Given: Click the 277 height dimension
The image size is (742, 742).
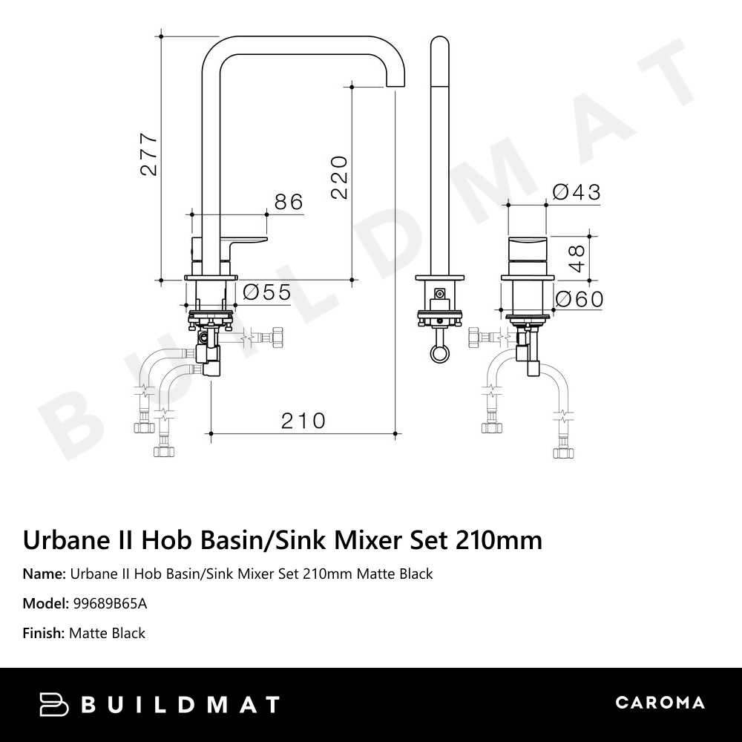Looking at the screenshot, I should pyautogui.click(x=149, y=154).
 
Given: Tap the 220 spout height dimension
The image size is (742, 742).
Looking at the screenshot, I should pyautogui.click(x=339, y=177).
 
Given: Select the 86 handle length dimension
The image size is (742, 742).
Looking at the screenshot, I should pyautogui.click(x=289, y=201).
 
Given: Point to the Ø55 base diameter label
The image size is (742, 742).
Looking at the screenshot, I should pyautogui.click(x=266, y=292).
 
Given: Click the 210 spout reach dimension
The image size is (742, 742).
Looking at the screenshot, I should pyautogui.click(x=303, y=421).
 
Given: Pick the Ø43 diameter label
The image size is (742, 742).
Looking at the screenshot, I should pyautogui.click(x=577, y=192).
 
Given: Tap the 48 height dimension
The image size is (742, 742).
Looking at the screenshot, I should pyautogui.click(x=577, y=257).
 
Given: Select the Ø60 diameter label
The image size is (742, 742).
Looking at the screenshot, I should pyautogui.click(x=579, y=300).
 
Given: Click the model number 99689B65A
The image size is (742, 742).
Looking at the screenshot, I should pyautogui.click(x=110, y=603).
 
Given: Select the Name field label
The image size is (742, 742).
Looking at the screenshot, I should pyautogui.click(x=44, y=574).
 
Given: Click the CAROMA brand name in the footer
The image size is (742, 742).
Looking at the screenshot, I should pyautogui.click(x=660, y=703).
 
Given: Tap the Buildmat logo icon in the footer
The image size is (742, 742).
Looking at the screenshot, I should pyautogui.click(x=53, y=704).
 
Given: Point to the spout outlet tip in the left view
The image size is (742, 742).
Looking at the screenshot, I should pyautogui.click(x=396, y=83).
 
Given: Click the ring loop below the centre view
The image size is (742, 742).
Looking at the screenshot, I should pyautogui.click(x=441, y=352).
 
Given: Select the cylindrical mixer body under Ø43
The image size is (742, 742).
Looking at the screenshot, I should pyautogui.click(x=528, y=257).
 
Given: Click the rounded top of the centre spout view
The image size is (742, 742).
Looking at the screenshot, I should pyautogui.click(x=441, y=43).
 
